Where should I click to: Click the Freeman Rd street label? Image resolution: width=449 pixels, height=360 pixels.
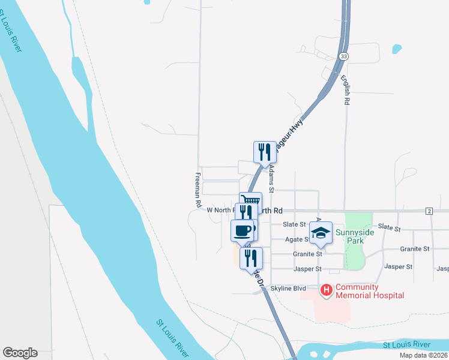click(x=197, y=190)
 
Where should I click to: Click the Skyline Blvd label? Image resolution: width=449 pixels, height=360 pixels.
click(x=289, y=289)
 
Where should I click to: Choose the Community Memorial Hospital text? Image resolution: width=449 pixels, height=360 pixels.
click(x=369, y=291)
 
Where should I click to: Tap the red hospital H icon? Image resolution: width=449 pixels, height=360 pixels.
click(x=327, y=290)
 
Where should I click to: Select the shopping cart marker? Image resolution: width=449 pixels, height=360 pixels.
click(x=251, y=202)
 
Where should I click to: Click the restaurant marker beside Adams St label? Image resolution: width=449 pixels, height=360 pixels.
click(x=265, y=152)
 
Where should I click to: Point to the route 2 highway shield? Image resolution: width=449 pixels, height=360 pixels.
click(x=429, y=211)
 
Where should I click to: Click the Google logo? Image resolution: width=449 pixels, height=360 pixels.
click(x=20, y=353)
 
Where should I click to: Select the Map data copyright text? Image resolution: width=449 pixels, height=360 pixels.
click(x=423, y=355)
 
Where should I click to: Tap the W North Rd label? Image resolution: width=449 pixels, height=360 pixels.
click(x=219, y=211)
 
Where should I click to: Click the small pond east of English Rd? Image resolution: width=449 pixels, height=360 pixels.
click(x=396, y=48)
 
